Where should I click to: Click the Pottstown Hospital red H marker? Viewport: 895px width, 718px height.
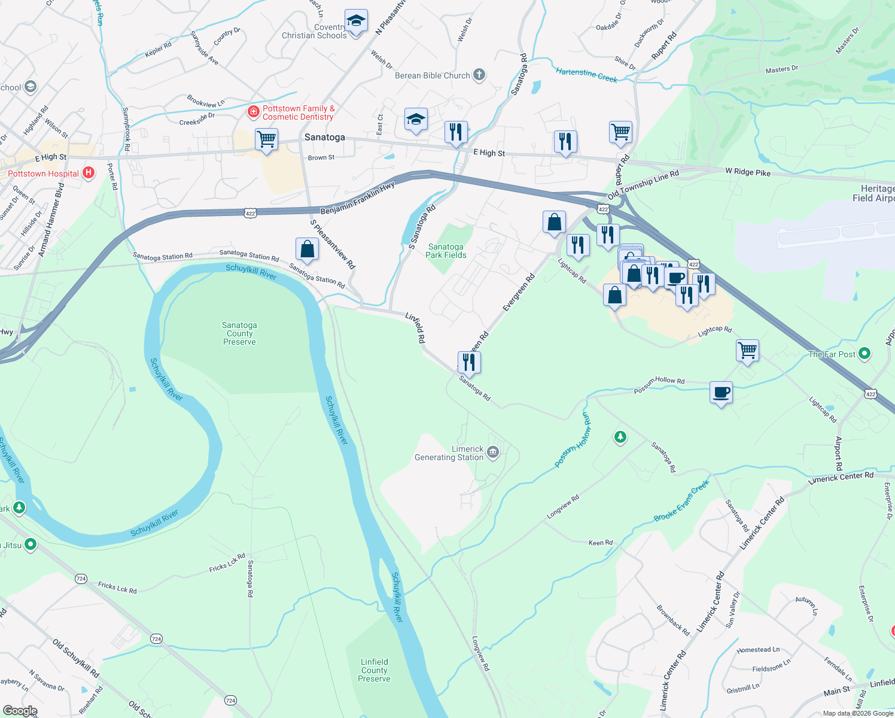(89, 174)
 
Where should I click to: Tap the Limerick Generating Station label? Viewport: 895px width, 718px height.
(449, 453)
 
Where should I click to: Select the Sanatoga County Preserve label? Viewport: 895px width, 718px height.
(239, 333)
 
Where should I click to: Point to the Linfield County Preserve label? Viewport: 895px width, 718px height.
(375, 670)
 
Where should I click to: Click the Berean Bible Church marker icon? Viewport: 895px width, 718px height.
(479, 75)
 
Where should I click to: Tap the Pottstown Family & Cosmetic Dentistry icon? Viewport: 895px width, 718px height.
(254, 112)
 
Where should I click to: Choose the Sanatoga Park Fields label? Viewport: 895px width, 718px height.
(446, 251)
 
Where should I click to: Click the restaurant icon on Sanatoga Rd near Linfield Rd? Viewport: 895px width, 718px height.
(469, 362)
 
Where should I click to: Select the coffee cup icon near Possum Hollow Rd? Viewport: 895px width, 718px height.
(722, 393)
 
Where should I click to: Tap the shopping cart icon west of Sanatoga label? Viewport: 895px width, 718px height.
(266, 139)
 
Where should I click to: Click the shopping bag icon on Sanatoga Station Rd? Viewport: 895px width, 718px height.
(307, 249)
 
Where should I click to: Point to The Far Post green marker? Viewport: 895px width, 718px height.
(864, 354)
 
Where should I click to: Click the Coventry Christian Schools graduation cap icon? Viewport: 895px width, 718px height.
(356, 21)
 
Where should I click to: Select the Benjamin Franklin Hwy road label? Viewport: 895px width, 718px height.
(358, 199)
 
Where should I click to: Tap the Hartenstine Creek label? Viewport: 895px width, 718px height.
(586, 75)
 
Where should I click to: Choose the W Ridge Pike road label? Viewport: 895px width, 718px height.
(748, 172)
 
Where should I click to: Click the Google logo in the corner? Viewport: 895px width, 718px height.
(20, 710)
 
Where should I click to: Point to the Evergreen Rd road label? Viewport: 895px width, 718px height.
(519, 293)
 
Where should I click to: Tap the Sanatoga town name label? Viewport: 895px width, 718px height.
(324, 137)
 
